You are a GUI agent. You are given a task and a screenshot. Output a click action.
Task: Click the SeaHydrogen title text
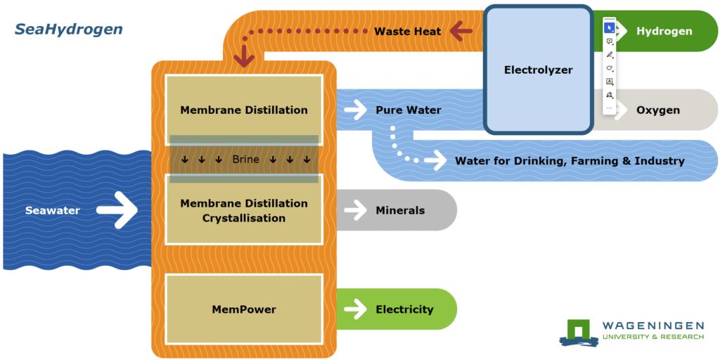click(68, 30)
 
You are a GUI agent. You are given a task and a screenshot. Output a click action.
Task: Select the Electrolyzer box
click(538, 70)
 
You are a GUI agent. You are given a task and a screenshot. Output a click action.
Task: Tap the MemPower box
click(244, 309)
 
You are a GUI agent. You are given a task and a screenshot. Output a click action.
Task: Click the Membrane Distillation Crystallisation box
click(244, 210)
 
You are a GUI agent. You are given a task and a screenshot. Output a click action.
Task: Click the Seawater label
click(53, 210)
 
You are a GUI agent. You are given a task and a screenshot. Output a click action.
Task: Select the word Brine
click(245, 160)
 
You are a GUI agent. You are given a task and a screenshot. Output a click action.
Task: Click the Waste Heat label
click(408, 31)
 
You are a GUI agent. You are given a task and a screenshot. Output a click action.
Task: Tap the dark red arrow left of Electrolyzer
click(461, 31)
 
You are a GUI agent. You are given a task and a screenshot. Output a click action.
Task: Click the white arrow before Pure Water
click(356, 110)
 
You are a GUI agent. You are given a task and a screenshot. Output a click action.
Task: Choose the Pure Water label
click(409, 110)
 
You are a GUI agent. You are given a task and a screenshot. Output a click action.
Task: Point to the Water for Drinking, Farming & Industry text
click(570, 161)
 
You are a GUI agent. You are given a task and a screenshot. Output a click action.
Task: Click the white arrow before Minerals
click(356, 210)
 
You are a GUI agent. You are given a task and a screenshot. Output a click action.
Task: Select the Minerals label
click(400, 210)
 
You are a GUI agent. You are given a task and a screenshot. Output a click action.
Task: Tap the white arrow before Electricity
click(356, 309)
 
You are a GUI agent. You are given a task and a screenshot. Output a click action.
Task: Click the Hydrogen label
click(664, 31)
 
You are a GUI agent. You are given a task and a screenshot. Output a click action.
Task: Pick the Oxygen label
click(658, 110)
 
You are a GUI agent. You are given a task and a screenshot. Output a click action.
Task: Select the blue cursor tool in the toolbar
click(610, 28)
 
